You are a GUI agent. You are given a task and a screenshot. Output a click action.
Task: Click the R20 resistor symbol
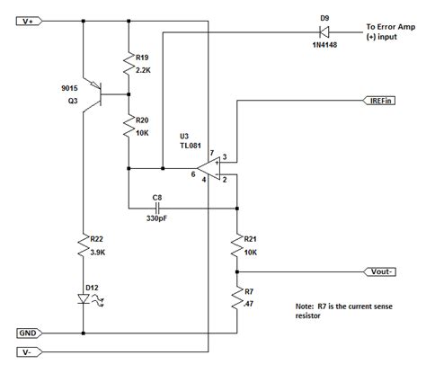pos(129,128)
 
